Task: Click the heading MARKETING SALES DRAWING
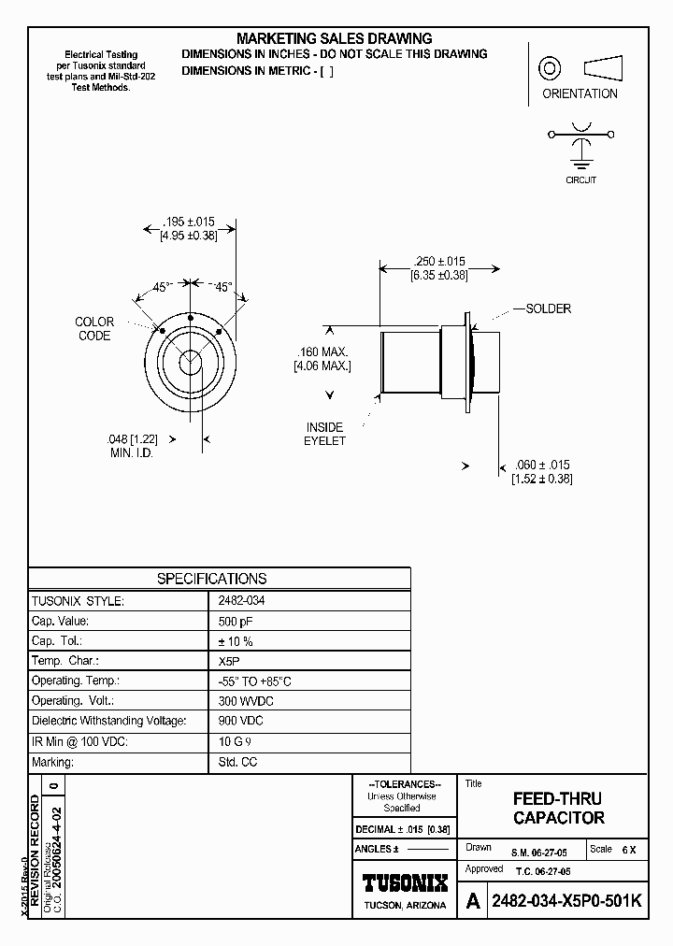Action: (334, 38)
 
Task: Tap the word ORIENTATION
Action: (580, 93)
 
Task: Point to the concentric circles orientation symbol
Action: (549, 67)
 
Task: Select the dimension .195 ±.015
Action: (188, 222)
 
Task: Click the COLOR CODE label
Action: (94, 329)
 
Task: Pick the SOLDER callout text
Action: (548, 308)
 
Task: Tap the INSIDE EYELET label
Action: (324, 434)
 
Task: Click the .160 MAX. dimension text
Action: (322, 352)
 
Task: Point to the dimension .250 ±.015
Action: (438, 261)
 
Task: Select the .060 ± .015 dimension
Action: (542, 465)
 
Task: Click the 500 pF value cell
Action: (234, 621)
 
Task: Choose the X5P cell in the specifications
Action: (228, 661)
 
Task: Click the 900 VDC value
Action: (241, 721)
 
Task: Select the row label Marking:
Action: (52, 762)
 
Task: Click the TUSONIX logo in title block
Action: (405, 883)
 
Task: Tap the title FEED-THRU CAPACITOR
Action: (559, 809)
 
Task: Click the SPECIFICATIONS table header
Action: (211, 579)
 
